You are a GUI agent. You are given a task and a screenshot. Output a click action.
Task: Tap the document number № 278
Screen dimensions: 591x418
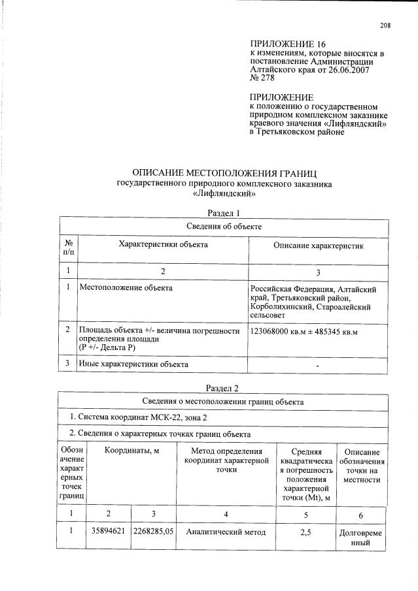262,78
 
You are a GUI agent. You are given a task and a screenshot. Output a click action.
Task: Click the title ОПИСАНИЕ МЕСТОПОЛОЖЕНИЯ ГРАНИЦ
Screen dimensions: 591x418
224,174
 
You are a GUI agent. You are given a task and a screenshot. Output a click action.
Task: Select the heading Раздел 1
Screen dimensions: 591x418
224,213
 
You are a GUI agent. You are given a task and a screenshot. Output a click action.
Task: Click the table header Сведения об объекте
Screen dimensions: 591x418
224,226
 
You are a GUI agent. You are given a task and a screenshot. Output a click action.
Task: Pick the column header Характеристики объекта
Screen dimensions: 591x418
163,244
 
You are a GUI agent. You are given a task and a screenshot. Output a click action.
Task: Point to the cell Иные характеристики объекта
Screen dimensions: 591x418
133,364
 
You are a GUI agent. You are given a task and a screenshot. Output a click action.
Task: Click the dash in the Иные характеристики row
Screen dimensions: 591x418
317,365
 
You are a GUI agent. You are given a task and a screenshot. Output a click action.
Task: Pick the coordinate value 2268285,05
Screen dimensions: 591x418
153,532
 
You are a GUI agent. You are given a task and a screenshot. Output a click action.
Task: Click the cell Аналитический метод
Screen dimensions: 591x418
226,532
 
